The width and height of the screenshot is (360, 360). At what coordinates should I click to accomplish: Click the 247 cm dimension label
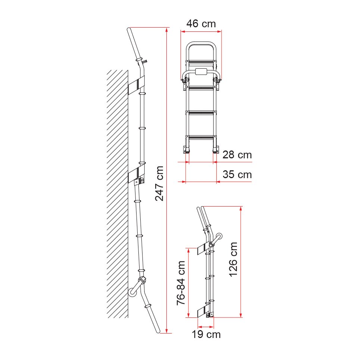click(x=160, y=183)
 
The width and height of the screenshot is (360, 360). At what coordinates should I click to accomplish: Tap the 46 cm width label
click(x=201, y=24)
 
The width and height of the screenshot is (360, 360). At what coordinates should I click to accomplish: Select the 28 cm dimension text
click(x=237, y=155)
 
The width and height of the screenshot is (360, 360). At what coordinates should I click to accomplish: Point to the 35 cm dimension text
click(x=237, y=174)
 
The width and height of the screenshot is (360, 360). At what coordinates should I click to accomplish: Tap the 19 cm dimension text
click(x=206, y=334)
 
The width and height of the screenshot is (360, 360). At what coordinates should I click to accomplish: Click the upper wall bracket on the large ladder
click(x=137, y=86)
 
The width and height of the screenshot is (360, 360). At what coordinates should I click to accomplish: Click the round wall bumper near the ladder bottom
click(x=132, y=292)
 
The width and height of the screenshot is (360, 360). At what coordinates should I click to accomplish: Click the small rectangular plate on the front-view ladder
click(x=201, y=72)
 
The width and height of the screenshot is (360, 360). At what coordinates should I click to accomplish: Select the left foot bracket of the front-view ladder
click(x=186, y=149)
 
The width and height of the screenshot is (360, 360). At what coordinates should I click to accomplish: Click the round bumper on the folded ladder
click(x=219, y=236)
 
